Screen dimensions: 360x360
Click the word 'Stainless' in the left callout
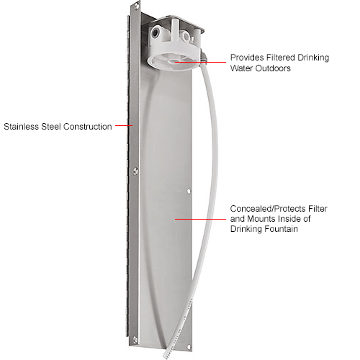[21, 127]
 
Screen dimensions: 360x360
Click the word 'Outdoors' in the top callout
[273, 68]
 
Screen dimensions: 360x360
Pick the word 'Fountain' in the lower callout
[281, 229]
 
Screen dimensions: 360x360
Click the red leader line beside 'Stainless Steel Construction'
[124, 125]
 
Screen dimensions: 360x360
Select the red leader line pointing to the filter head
[200, 62]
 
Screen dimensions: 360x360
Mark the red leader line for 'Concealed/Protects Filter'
[200, 219]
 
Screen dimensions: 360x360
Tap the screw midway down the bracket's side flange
[135, 171]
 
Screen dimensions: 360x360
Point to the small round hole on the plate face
[189, 192]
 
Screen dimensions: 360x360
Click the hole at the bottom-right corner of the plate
[189, 347]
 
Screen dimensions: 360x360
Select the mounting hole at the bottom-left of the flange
[135, 339]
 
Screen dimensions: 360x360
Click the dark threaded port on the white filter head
[155, 32]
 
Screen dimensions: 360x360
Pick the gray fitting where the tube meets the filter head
[203, 59]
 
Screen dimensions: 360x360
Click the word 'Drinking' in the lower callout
[246, 229]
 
